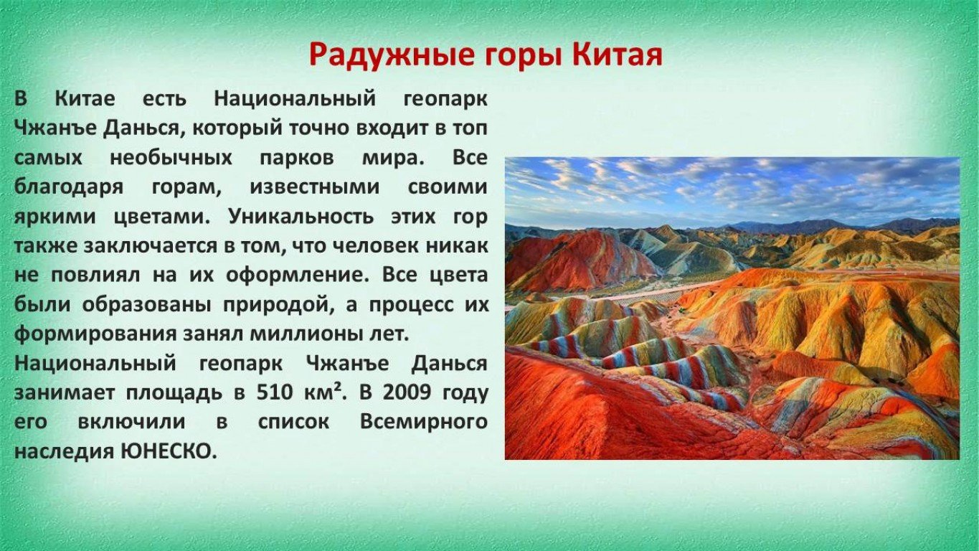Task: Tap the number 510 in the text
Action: (273, 392)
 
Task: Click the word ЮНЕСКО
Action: (169, 451)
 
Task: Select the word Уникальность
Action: (301, 217)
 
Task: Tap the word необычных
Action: (171, 158)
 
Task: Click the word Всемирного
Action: (424, 422)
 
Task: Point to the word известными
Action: (315, 187)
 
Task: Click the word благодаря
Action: (69, 187)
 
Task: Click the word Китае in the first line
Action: (85, 98)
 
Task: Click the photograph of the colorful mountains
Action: (732, 309)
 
